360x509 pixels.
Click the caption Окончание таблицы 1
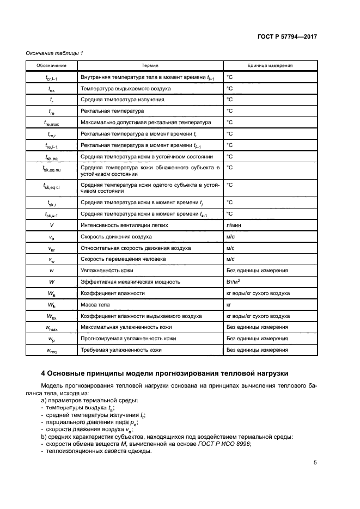tap(54, 53)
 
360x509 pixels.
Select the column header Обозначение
tap(51, 65)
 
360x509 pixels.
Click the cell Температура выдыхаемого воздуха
tap(125, 88)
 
